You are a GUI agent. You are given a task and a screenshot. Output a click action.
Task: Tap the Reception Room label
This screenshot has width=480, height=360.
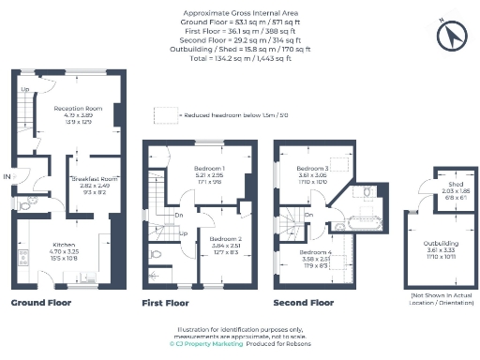[77, 108]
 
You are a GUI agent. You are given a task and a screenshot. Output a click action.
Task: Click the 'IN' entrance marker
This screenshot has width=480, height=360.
[7, 175]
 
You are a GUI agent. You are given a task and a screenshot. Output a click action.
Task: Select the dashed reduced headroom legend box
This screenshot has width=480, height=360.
[167, 113]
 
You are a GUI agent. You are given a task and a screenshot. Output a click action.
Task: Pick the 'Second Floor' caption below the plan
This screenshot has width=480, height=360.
[303, 303]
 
